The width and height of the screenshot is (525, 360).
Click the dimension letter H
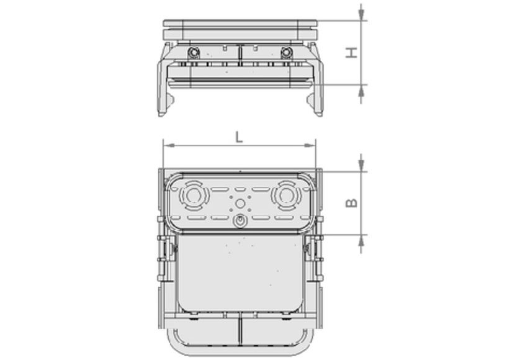[x=352, y=53]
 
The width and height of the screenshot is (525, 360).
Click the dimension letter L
[x=239, y=137]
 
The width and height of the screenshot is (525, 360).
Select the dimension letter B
[x=352, y=203]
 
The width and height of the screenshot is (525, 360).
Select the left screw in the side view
[x=194, y=52]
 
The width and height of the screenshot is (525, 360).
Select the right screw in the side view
[x=285, y=52]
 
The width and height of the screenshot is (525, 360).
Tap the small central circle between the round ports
[x=239, y=203]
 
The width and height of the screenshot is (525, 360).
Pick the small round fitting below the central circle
[x=239, y=221]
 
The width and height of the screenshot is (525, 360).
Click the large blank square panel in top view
[x=239, y=273]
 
